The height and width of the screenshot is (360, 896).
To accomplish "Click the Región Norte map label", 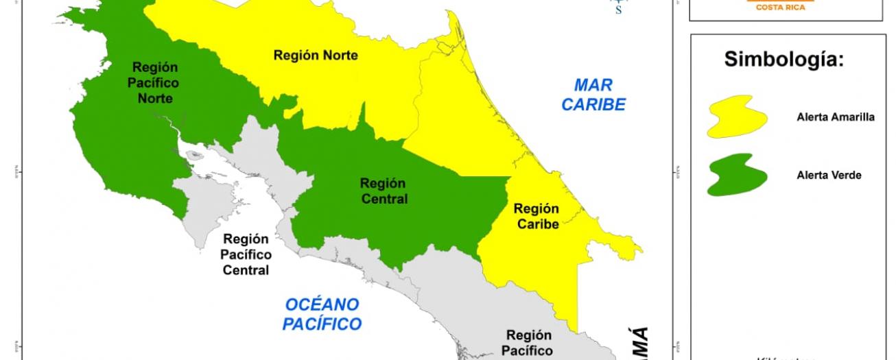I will click(x=316, y=56).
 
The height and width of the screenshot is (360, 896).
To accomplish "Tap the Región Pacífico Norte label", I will click(x=155, y=83).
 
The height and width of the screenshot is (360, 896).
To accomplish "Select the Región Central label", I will click(x=383, y=191).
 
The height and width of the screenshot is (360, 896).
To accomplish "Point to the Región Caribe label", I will click(x=537, y=216).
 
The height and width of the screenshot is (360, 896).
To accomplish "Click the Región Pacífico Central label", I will click(x=246, y=254).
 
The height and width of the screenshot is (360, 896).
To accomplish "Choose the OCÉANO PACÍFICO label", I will click(x=322, y=314).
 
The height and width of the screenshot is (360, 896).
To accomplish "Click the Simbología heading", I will click(x=783, y=60).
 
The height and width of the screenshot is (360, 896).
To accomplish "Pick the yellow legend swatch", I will click(x=737, y=117).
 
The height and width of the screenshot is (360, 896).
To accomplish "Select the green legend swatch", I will click(x=737, y=175).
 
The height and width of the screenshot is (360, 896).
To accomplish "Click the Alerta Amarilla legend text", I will click(x=835, y=117).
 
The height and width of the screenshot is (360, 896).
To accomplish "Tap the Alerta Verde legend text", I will click(x=828, y=176).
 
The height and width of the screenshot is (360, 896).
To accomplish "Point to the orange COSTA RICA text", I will click(x=785, y=7).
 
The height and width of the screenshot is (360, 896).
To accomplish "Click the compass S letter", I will click(x=619, y=10).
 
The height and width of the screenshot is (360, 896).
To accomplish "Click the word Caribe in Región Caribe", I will click(x=537, y=224).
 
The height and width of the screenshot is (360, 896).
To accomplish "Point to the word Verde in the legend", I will click(x=845, y=176).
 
